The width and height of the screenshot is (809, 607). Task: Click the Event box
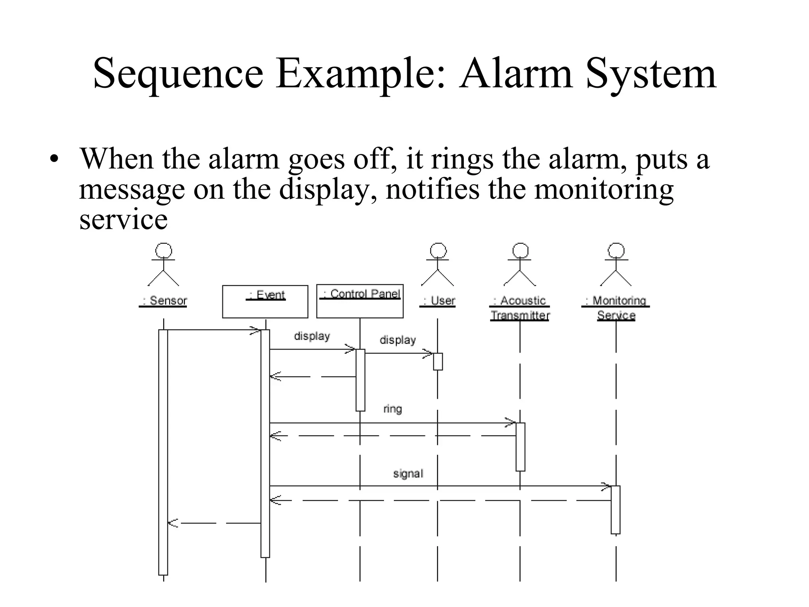point(265,302)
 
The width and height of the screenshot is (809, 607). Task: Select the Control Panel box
point(360,301)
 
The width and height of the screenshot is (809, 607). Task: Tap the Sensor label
point(163,301)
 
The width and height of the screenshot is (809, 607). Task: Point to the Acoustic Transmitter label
point(519,308)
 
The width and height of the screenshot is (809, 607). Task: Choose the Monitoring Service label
point(616,308)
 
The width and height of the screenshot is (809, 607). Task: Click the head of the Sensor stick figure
point(164,251)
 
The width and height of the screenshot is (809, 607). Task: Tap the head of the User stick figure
point(438,251)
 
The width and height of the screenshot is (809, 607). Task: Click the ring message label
point(393,409)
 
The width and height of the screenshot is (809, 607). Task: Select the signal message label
point(408,473)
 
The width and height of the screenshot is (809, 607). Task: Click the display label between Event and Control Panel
point(312,336)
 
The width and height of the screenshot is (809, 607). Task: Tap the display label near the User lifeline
point(398,340)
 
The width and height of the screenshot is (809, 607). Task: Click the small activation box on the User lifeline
point(438,362)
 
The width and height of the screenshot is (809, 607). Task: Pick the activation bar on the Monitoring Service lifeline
point(615,510)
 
